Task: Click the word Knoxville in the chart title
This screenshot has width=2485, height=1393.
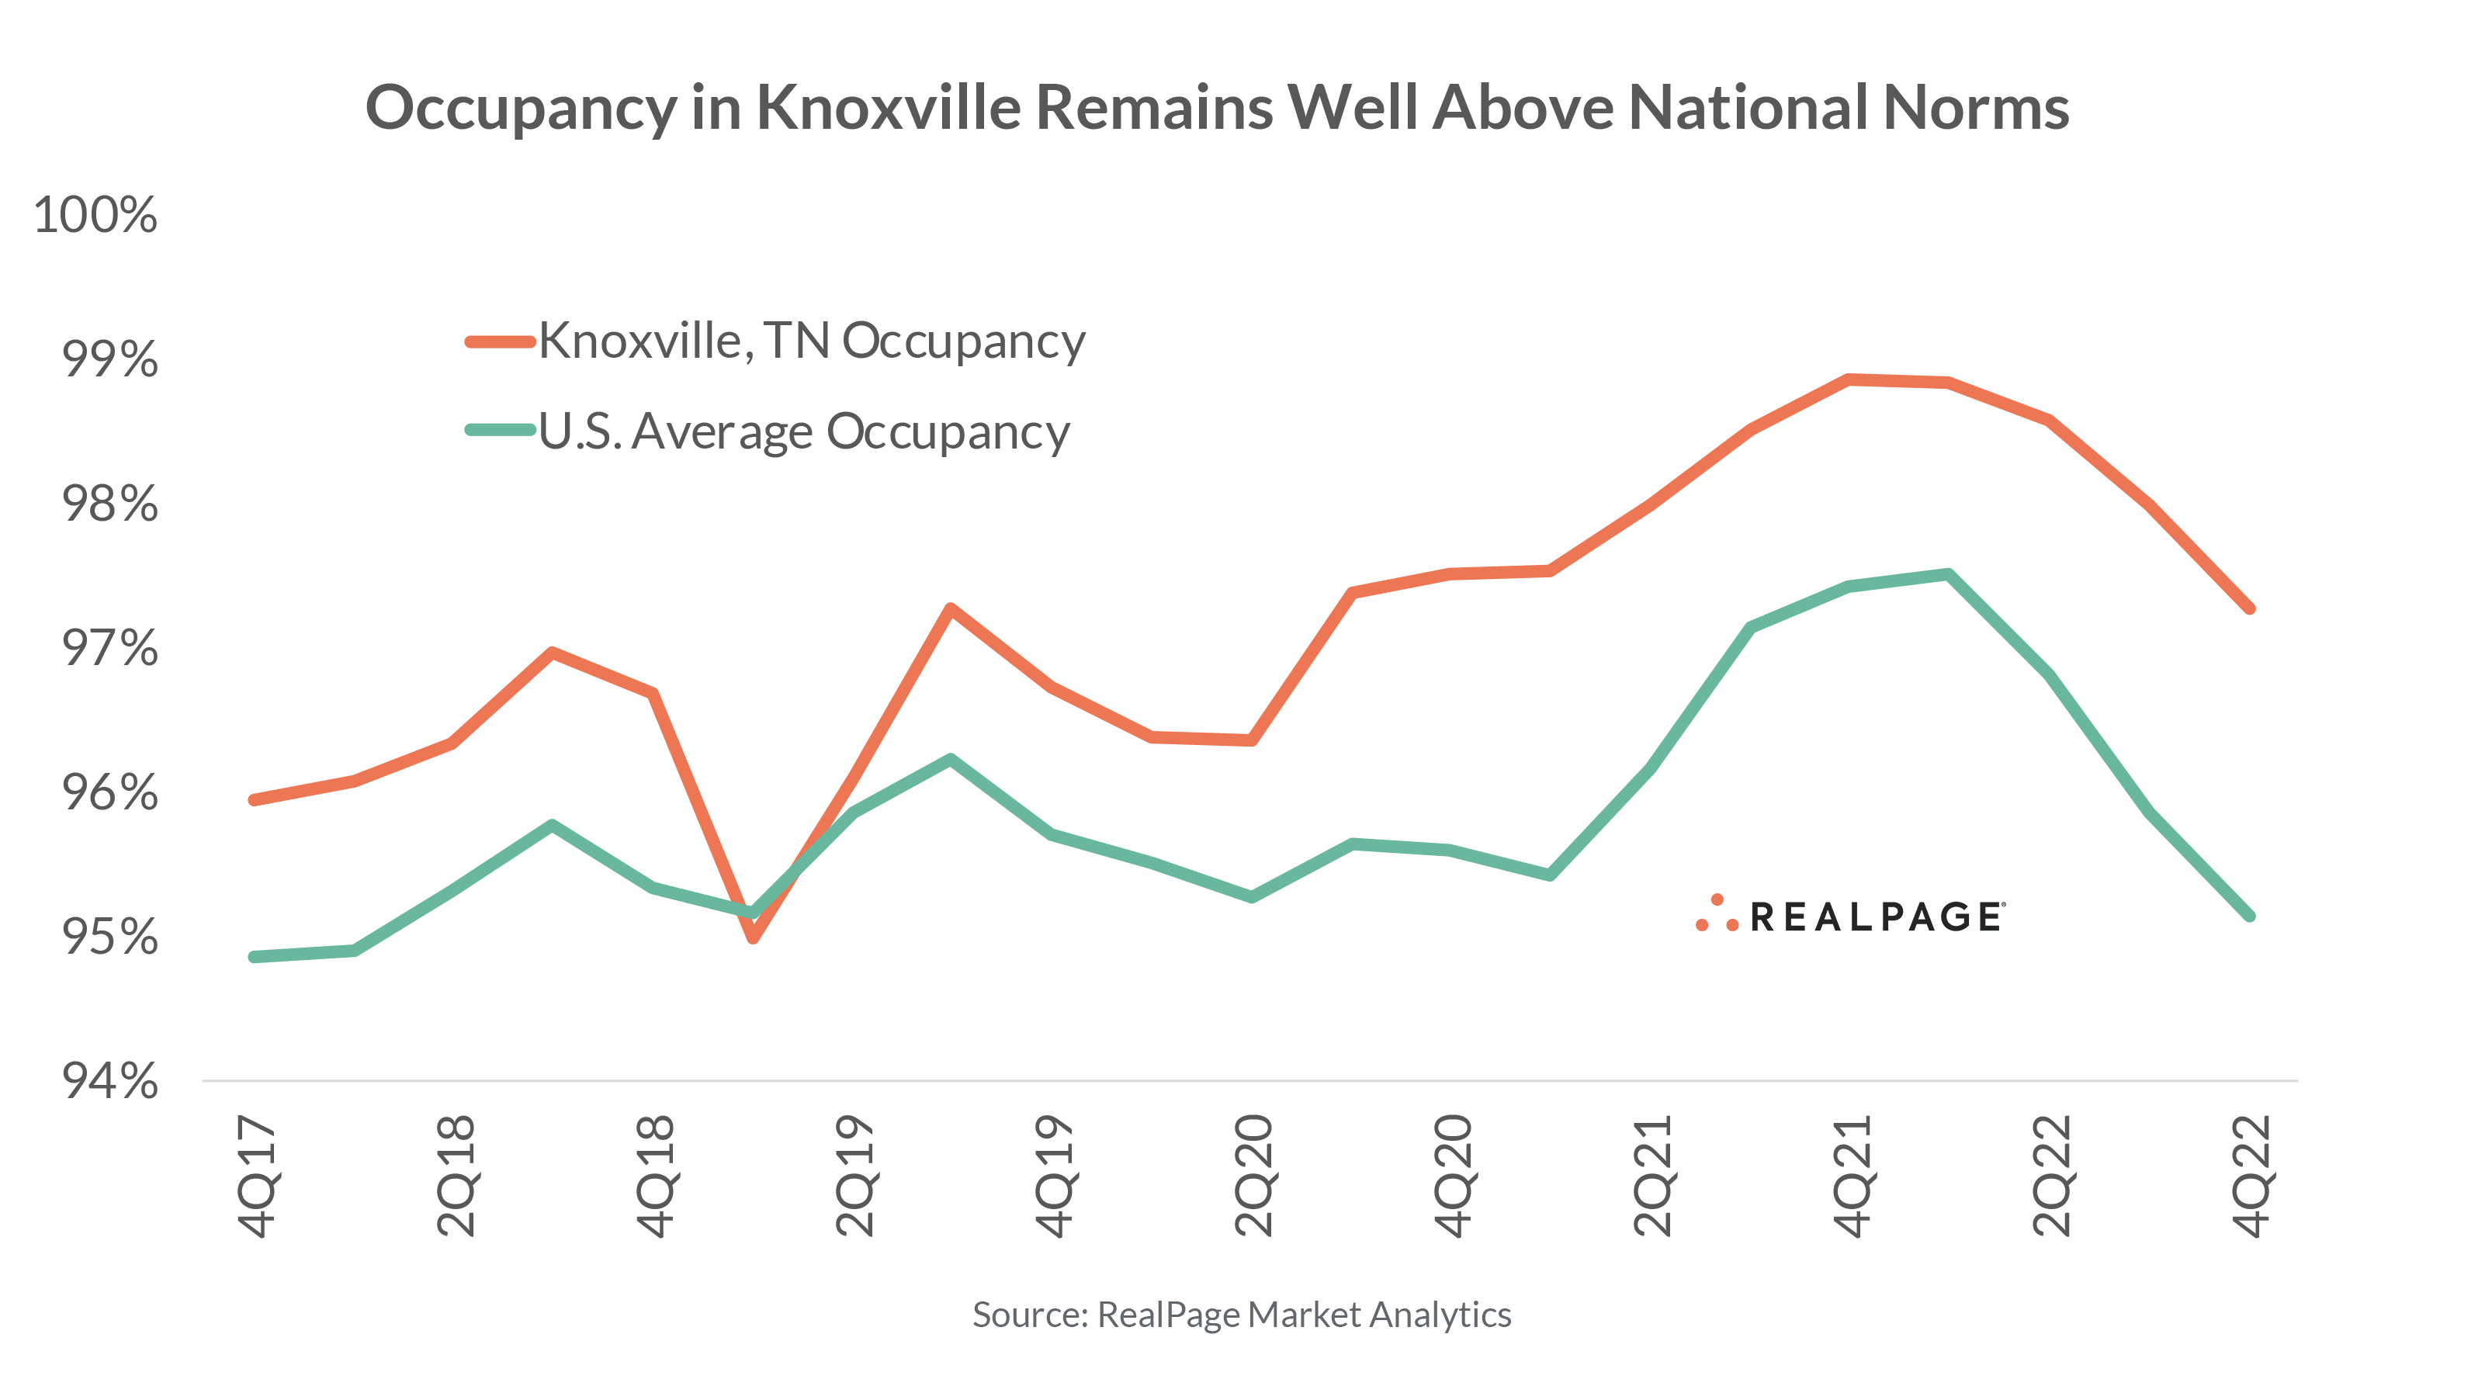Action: pos(888,107)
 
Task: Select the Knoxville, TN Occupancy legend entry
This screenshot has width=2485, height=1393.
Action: pos(810,341)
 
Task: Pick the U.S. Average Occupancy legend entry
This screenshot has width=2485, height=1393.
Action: pos(802,431)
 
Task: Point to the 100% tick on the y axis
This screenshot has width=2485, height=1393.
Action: pos(95,215)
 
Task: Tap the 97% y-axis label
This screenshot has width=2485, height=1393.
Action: pos(109,648)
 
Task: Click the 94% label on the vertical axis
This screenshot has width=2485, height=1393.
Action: pos(109,1081)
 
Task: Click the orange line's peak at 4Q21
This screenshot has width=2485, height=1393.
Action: pos(1849,379)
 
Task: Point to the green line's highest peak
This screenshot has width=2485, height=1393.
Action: pos(1949,575)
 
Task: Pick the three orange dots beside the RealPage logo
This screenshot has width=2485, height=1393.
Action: pos(1716,914)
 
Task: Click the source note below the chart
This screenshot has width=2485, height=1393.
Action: pos(1242,1315)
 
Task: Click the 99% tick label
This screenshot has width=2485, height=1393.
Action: pos(109,360)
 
